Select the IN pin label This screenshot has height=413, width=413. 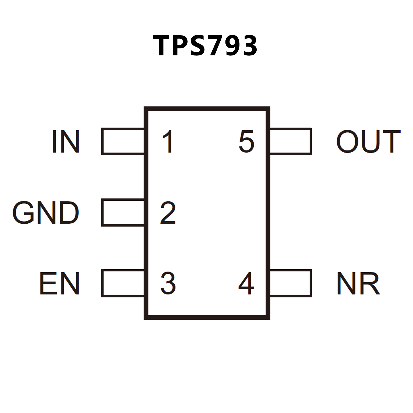pos(66,142)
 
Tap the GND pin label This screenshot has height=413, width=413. pos(46,213)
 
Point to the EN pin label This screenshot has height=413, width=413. pos(59,283)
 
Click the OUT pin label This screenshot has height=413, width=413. pos(368,142)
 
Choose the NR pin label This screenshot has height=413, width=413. pos(358,283)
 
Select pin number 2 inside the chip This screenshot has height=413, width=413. pos(168,213)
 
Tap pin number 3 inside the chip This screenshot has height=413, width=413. pos(168,283)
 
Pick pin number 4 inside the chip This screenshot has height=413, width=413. pos(246,283)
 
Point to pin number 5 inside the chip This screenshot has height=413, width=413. pos(246,142)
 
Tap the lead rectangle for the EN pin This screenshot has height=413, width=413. pos(123,283)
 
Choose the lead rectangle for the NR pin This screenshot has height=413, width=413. pos(291,283)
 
